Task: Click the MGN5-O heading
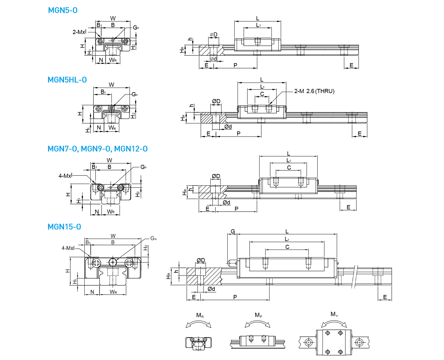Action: (x=62, y=10)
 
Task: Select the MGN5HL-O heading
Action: (x=67, y=80)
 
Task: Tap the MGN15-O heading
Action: (x=64, y=227)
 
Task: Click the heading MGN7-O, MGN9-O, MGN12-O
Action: (x=97, y=149)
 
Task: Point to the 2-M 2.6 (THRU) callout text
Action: (x=314, y=91)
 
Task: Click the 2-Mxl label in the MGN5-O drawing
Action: (x=79, y=32)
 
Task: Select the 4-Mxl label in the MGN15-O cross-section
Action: (x=68, y=248)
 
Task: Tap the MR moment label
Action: (x=200, y=315)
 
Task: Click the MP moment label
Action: (x=258, y=315)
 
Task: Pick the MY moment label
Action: (x=334, y=314)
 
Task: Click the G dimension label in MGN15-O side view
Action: (x=233, y=231)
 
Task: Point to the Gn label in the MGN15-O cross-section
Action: (x=153, y=238)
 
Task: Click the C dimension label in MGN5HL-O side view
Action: (x=262, y=94)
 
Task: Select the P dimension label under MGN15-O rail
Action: (x=235, y=297)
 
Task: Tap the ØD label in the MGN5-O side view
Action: (x=213, y=34)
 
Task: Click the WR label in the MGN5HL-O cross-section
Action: (x=112, y=128)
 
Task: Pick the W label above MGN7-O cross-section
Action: (x=109, y=160)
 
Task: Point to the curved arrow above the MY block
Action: (x=334, y=323)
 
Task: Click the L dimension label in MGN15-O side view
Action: (x=287, y=231)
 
